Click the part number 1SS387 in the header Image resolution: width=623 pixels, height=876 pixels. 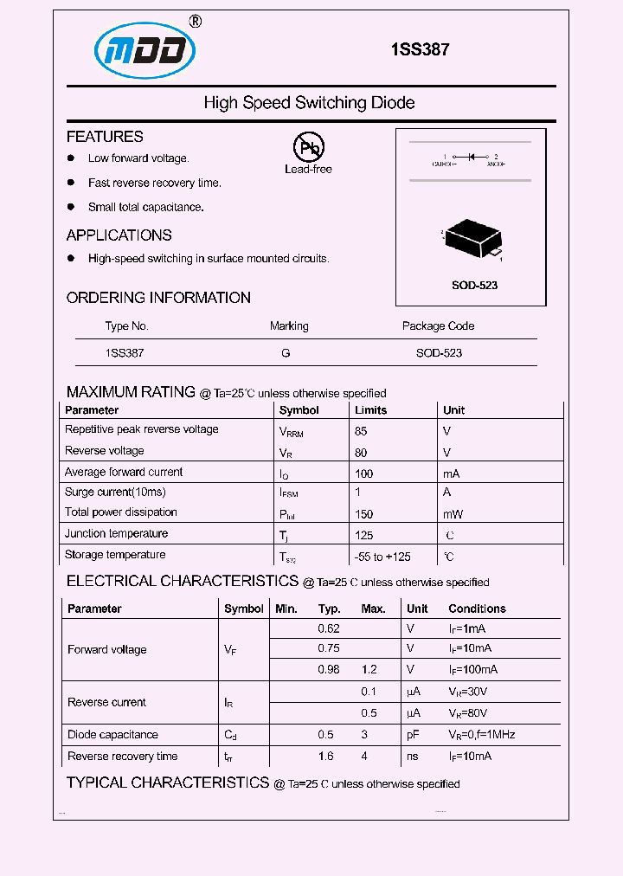pyautogui.click(x=420, y=50)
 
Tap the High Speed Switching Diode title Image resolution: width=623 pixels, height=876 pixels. pyautogui.click(x=309, y=103)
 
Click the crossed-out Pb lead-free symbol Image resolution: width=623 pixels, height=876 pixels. pyautogui.click(x=308, y=148)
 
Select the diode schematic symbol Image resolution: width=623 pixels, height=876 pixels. pyautogui.click(x=471, y=158)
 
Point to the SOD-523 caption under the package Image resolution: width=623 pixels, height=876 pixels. pyautogui.click(x=474, y=285)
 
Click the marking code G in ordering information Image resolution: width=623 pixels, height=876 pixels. pyautogui.click(x=286, y=353)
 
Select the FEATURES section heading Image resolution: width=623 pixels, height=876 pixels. pyautogui.click(x=105, y=137)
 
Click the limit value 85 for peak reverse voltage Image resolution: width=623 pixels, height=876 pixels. pyautogui.click(x=361, y=430)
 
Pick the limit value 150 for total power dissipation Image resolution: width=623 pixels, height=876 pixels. pyautogui.click(x=363, y=514)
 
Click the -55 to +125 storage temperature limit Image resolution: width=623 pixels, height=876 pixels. pyautogui.click(x=382, y=557)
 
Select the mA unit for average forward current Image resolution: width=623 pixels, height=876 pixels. pyautogui.click(x=451, y=473)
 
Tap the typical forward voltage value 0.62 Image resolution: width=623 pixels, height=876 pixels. pyautogui.click(x=329, y=629)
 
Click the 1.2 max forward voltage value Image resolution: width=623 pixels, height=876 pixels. pyautogui.click(x=370, y=669)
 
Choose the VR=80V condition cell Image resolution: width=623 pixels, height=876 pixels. pyautogui.click(x=467, y=713)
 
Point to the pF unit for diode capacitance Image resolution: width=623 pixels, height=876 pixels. pyautogui.click(x=413, y=735)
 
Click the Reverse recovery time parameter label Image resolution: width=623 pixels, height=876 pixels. pyautogui.click(x=122, y=757)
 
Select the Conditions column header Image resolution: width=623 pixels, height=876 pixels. pyautogui.click(x=477, y=609)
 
